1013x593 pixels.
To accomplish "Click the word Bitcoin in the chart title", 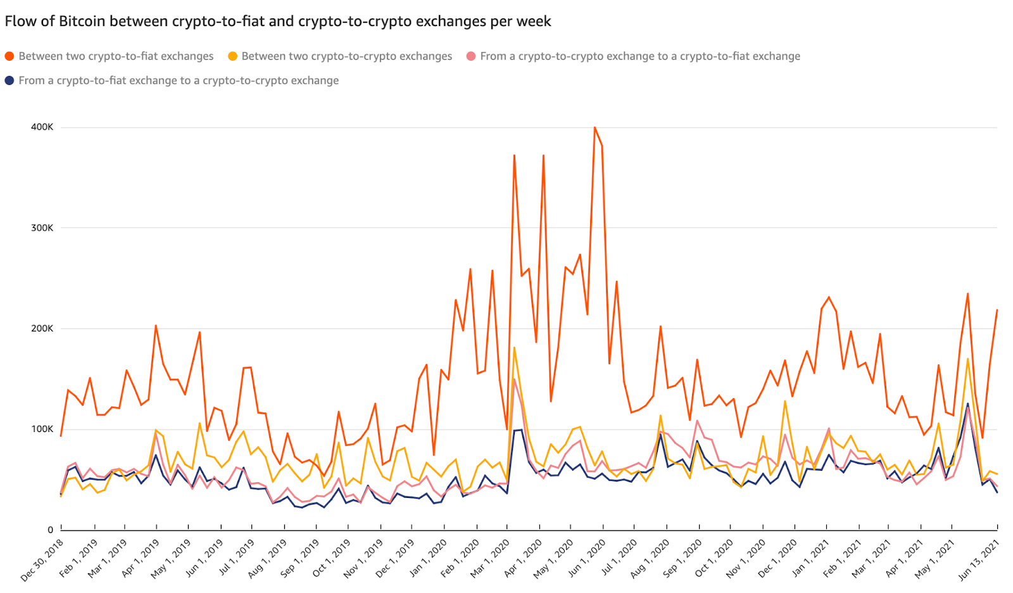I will click(x=82, y=22).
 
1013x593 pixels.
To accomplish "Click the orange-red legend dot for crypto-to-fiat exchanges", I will click(x=9, y=56).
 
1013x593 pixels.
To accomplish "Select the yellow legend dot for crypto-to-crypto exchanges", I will click(x=232, y=56).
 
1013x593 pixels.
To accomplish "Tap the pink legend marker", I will click(x=471, y=56).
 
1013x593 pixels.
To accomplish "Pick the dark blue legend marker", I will click(x=9, y=80).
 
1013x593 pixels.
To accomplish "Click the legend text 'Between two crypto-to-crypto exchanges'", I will click(x=346, y=56).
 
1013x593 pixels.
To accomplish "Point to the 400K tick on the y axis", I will click(x=42, y=127).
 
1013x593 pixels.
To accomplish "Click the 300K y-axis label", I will click(x=42, y=228).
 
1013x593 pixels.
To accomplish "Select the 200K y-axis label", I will click(x=42, y=329).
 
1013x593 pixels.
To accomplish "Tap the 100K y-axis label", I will click(x=42, y=430).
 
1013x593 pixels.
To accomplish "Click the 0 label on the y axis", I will click(x=50, y=530).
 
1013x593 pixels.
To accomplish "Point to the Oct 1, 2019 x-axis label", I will click(x=332, y=557).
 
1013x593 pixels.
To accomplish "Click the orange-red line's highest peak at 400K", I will click(x=595, y=127).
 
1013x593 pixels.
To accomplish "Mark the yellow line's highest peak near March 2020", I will click(x=514, y=347).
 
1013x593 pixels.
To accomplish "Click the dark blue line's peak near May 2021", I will click(x=967, y=404).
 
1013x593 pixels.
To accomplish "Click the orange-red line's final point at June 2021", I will click(x=997, y=310).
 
